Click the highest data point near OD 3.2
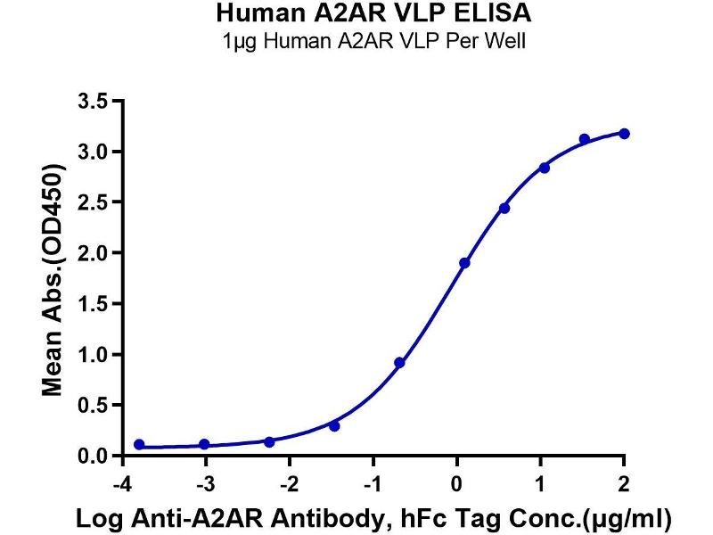click(x=624, y=134)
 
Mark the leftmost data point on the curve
click(x=139, y=444)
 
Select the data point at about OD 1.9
click(x=464, y=263)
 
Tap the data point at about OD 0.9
click(x=399, y=363)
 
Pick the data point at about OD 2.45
click(x=504, y=208)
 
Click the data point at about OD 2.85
click(x=545, y=168)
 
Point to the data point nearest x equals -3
click(x=204, y=444)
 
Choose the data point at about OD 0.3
click(x=334, y=426)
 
